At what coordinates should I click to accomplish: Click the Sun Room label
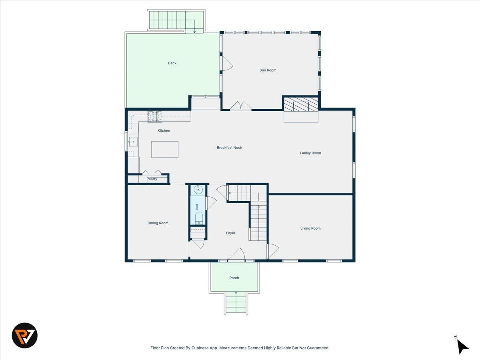[268, 70]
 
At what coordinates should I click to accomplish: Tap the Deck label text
[172, 63]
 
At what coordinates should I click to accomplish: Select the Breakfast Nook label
[229, 148]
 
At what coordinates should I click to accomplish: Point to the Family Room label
[310, 153]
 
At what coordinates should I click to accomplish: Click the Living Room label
[310, 228]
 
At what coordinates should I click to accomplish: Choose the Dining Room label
[158, 223]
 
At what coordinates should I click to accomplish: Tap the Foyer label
[231, 233]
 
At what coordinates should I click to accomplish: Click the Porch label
[234, 278]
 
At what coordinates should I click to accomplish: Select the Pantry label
[152, 179]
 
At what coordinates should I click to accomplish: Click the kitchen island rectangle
[165, 149]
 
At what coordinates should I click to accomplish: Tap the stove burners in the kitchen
[155, 116]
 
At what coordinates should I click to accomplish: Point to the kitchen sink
[133, 142]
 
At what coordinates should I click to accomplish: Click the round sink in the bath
[198, 190]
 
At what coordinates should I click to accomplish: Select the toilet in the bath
[199, 218]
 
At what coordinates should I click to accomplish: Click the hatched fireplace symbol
[301, 104]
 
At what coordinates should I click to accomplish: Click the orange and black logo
[25, 335]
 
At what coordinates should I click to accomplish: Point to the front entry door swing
[237, 255]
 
